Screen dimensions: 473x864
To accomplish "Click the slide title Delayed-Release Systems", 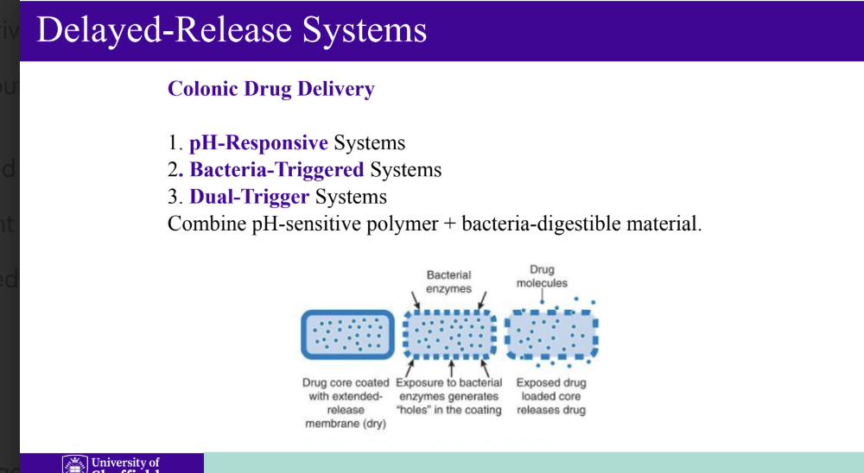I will (232, 30).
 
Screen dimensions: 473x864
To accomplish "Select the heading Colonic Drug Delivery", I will (270, 89).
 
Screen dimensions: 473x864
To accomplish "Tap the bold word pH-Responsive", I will (258, 143).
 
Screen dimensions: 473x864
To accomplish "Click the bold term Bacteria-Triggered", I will (276, 170).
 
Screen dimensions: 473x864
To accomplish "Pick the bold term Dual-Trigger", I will (249, 197).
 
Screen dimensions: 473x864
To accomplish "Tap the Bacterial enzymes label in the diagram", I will (448, 281).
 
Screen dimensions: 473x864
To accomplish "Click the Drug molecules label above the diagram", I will (542, 276).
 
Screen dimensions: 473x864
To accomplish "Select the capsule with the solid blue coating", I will (347, 335).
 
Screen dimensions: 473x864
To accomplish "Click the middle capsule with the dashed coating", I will (448, 335).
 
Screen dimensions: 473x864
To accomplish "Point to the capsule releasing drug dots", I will (551, 335).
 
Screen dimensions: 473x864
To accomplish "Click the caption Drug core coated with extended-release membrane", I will (346, 403).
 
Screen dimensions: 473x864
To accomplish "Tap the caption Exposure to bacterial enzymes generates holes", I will (448, 396).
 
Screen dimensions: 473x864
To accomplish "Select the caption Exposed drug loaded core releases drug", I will (551, 396).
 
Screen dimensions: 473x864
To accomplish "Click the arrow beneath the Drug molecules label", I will (542, 297).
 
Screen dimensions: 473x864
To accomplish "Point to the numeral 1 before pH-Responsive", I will (173, 143).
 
